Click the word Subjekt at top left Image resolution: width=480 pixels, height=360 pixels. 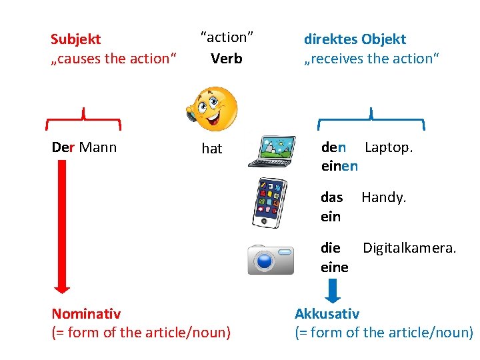(75, 39)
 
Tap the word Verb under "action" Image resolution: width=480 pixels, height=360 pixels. (227, 59)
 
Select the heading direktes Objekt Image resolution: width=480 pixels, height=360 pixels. (355, 39)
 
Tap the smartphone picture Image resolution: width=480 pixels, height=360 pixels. (271, 203)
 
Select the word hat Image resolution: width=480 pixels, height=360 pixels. (212, 149)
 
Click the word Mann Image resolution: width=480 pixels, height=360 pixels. (97, 147)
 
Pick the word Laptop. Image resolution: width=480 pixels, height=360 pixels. (389, 147)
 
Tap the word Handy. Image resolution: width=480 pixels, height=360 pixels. (383, 197)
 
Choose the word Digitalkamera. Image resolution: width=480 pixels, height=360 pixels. (409, 248)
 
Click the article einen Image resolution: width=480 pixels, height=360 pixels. (339, 166)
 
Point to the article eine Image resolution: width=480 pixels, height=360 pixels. (335, 267)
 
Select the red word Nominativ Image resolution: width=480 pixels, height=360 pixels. (86, 313)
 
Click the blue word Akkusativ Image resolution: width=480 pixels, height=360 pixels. (327, 313)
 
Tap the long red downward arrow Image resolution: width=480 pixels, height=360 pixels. (62, 227)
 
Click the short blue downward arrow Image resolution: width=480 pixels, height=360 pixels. (335, 291)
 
